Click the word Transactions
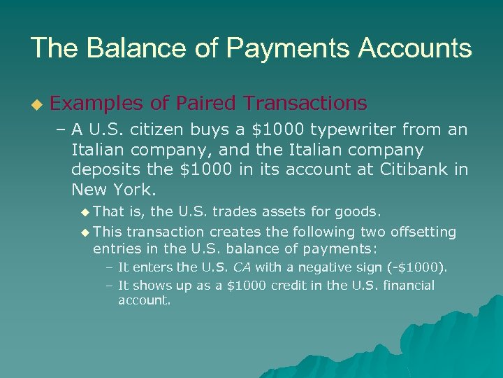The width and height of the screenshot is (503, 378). (x=305, y=104)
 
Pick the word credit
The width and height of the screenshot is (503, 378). (x=263, y=286)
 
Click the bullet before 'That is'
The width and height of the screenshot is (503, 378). (x=85, y=211)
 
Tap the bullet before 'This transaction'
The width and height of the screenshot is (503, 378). (x=85, y=232)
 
